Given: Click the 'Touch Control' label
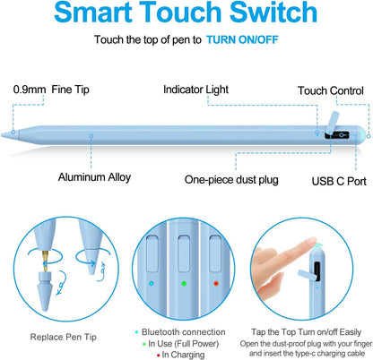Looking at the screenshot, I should pyautogui.click(x=331, y=90).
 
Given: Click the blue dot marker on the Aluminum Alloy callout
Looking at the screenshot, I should pyautogui.click(x=91, y=137).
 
